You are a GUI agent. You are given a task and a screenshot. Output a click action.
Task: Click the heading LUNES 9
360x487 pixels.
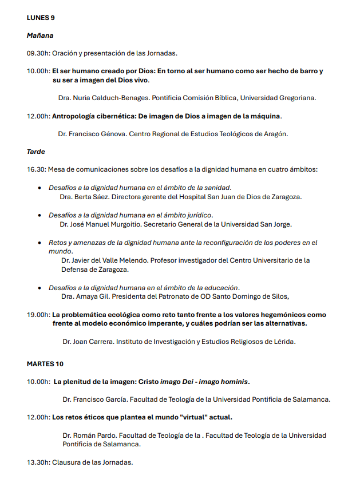(x=41, y=18)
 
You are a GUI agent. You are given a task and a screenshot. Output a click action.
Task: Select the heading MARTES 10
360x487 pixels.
(x=45, y=364)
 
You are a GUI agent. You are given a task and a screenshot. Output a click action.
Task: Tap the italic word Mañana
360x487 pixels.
(x=39, y=35)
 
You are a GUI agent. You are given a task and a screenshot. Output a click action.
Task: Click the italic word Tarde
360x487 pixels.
(x=35, y=152)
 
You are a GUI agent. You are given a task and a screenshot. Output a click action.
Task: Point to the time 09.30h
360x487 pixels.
(x=38, y=53)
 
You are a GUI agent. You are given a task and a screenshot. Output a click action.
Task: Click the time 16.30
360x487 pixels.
(x=36, y=169)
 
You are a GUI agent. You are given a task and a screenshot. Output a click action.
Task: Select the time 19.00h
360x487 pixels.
(x=38, y=315)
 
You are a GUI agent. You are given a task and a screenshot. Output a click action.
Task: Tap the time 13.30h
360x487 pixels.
(x=38, y=462)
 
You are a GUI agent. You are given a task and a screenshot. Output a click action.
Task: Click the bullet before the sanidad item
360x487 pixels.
(x=39, y=188)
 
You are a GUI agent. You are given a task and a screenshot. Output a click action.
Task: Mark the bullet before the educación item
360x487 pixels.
(x=39, y=288)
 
